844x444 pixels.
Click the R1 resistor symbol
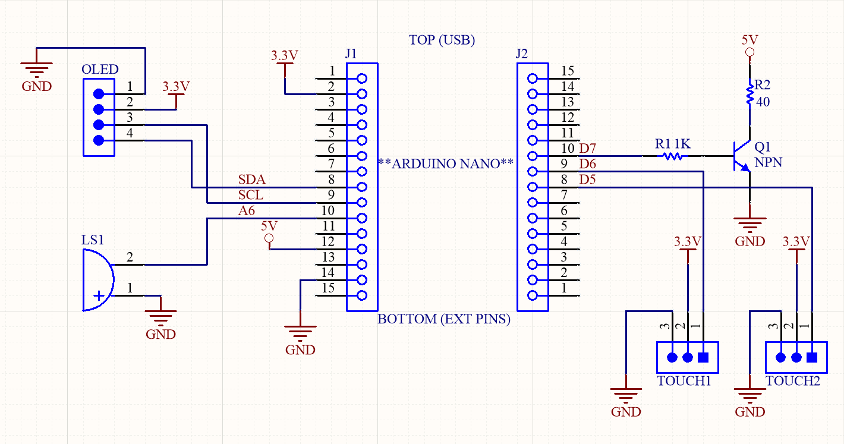point(672,156)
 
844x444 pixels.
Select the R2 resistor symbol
point(749,95)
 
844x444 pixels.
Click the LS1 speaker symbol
point(97,280)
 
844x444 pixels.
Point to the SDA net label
point(251,180)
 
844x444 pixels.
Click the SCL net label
point(251,195)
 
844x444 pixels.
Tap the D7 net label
point(587,148)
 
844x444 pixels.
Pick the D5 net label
point(587,179)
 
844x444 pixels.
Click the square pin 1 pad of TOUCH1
point(703,357)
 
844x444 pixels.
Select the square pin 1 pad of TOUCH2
point(811,357)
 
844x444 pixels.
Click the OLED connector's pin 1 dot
point(99,94)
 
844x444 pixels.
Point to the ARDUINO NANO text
point(445,164)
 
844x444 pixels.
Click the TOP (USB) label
point(442,40)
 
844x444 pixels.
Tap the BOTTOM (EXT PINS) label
point(444,319)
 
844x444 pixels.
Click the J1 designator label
point(351,54)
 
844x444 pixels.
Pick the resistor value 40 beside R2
point(763,102)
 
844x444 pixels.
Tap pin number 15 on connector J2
point(568,71)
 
